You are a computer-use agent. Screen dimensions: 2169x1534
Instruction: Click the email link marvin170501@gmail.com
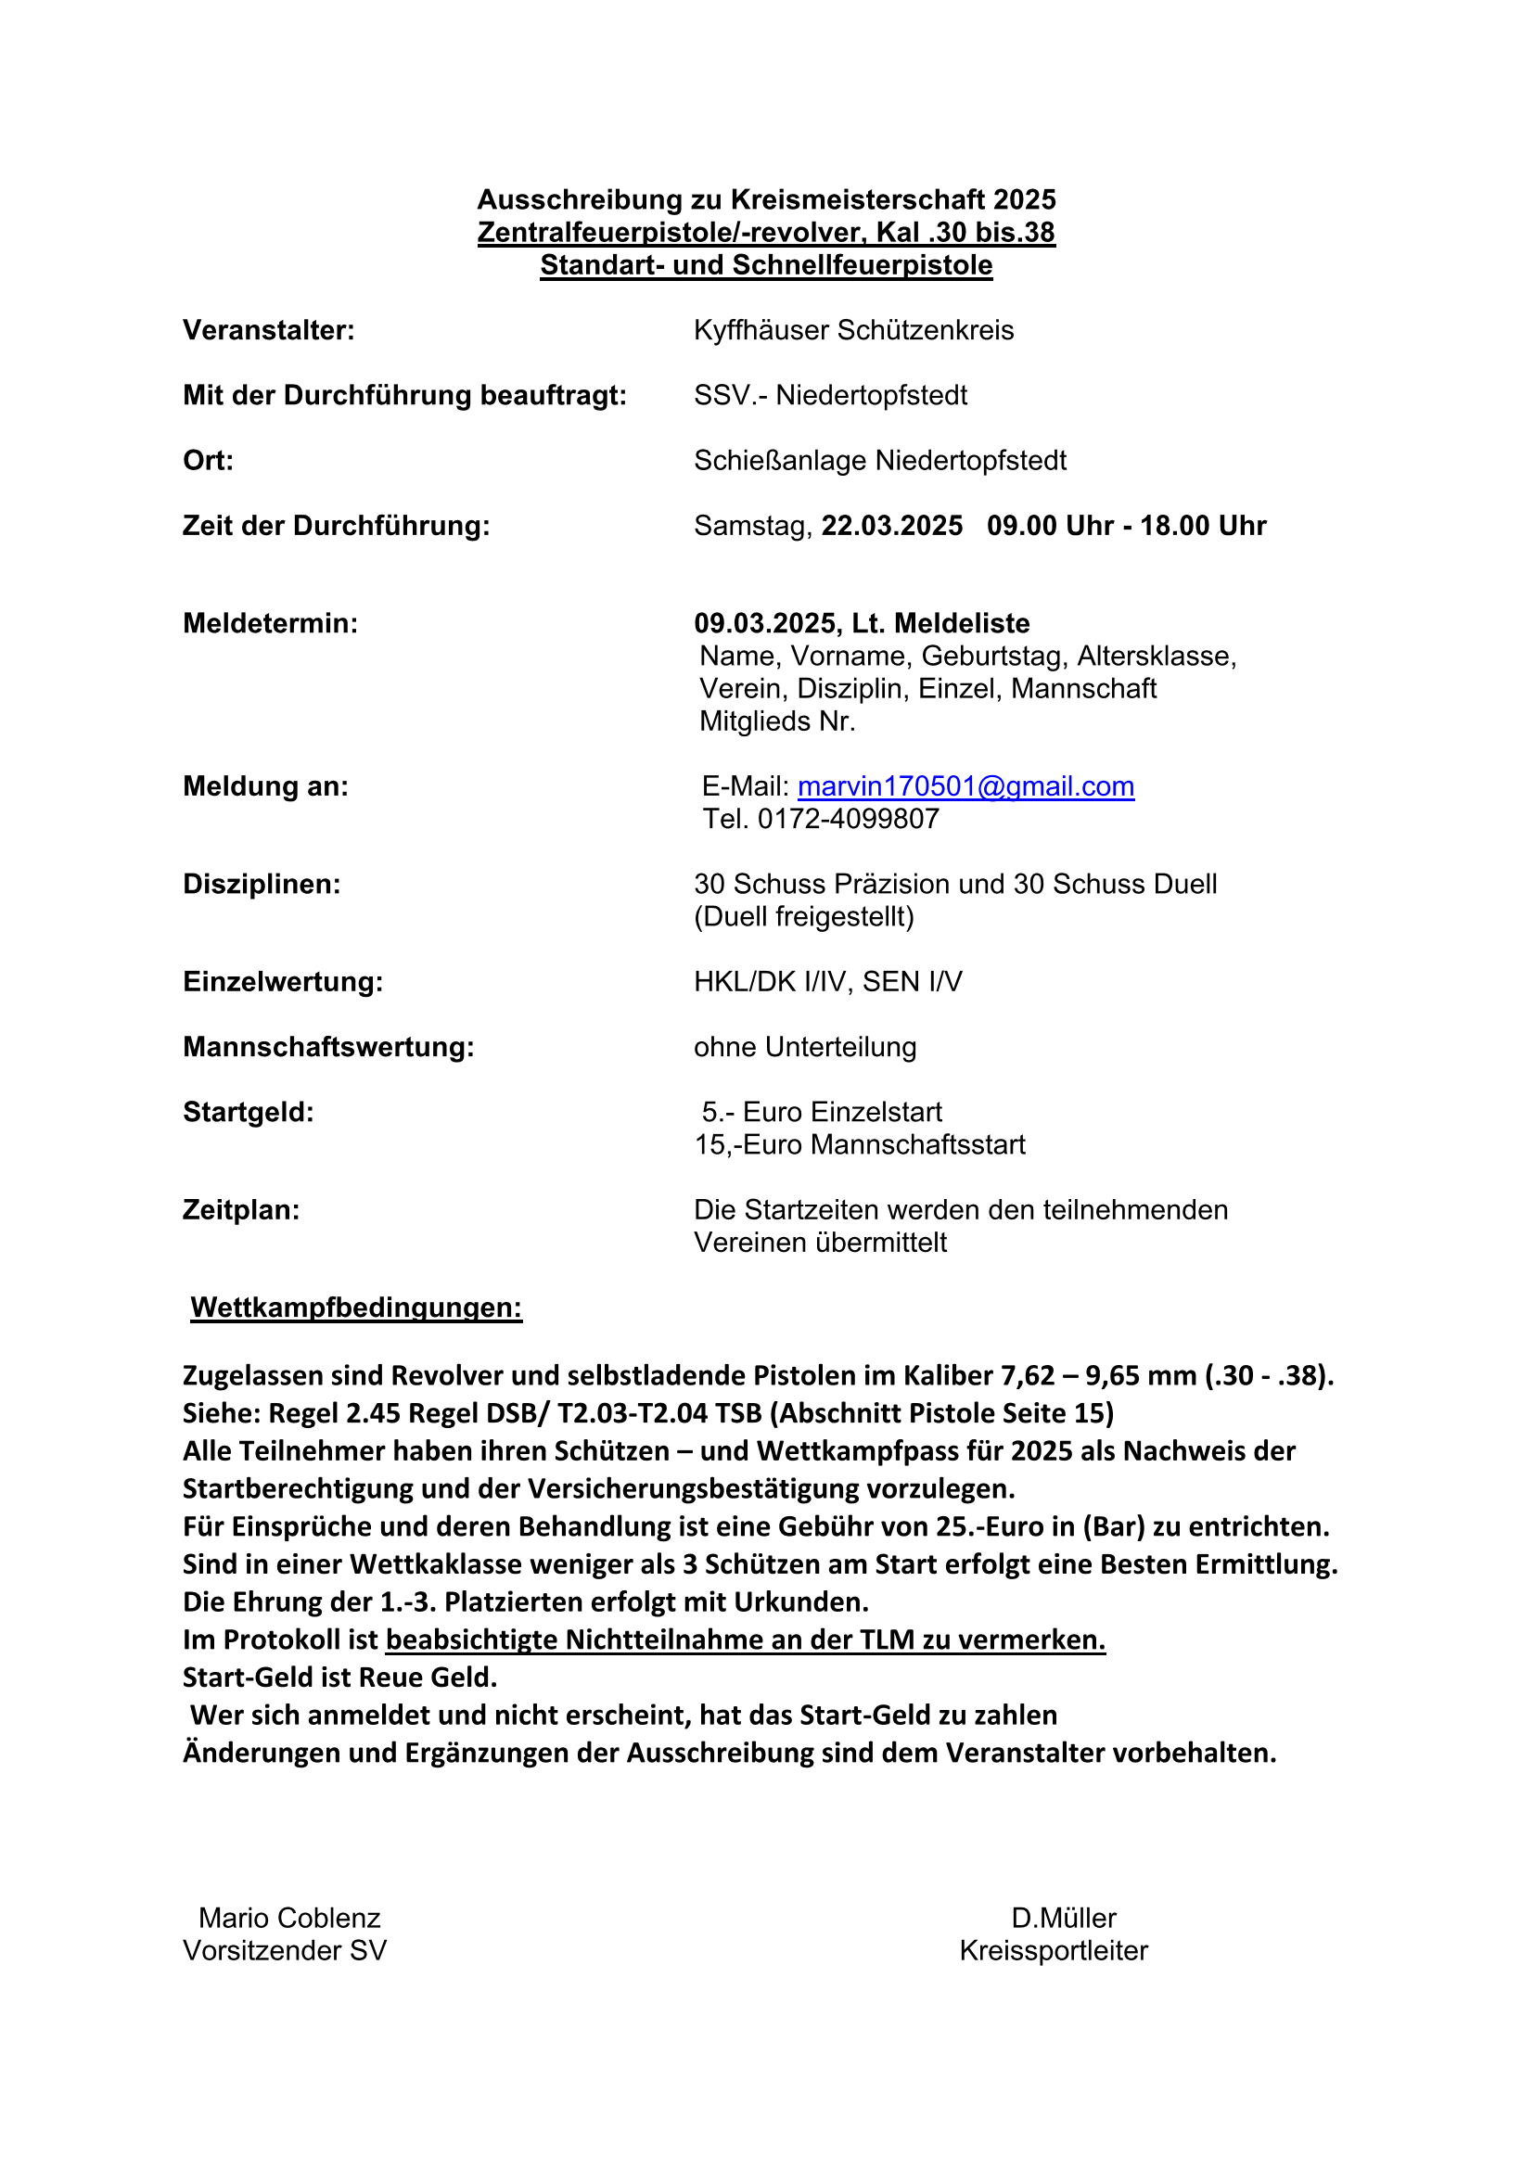pos(965,786)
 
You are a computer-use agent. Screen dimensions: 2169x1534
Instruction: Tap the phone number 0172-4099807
pos(849,819)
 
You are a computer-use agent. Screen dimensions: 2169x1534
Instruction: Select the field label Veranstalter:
pos(268,331)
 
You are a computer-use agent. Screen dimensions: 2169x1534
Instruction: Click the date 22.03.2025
pos(891,526)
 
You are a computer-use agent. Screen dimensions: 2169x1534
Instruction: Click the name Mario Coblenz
pos(289,1918)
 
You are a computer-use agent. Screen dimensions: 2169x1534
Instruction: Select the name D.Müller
pos(1064,1918)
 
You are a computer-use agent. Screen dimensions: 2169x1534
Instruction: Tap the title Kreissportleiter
pos(1054,1950)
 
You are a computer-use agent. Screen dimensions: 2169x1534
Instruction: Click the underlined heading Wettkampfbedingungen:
pos(356,1308)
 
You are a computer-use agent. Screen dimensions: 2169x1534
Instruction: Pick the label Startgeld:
pos(249,1112)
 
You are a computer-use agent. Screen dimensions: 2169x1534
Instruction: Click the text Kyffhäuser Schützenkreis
pos(853,331)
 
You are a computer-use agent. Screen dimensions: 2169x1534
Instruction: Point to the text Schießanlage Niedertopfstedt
pos(879,461)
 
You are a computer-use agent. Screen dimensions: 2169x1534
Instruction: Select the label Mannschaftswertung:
pos(327,1047)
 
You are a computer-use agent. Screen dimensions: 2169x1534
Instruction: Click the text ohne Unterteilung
pos(805,1047)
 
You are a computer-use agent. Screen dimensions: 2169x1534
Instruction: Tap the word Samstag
pos(752,526)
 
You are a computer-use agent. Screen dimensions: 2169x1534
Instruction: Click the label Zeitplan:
pos(241,1210)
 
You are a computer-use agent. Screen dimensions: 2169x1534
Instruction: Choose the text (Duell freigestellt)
pos(804,916)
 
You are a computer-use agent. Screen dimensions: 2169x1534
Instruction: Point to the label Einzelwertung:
pos(283,981)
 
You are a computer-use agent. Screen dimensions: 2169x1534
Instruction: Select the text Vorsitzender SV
pos(285,1950)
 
